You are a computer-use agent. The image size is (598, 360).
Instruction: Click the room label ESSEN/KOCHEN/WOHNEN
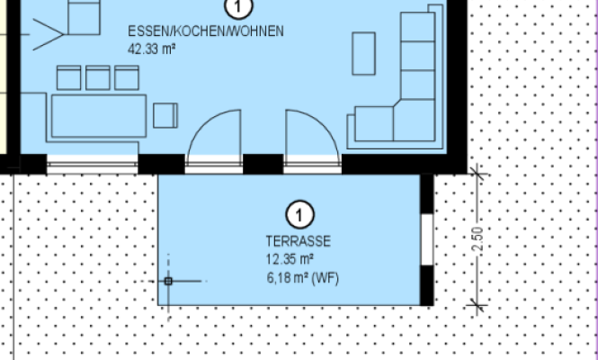[206, 31]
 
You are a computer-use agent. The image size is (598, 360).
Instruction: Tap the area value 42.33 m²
[151, 49]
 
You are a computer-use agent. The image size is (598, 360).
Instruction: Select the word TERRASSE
[299, 241]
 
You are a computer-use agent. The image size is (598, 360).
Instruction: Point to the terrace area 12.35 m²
[290, 259]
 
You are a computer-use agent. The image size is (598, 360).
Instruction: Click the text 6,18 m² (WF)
[303, 278]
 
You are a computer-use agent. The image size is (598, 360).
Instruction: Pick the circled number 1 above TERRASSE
[300, 214]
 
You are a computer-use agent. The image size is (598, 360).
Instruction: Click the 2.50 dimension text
[478, 239]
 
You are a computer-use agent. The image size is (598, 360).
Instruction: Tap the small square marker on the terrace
[168, 282]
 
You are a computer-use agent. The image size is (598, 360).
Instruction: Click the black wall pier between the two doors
[263, 164]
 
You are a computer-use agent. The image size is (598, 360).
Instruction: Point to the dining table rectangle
[99, 116]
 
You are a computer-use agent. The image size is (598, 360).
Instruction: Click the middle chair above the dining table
[98, 78]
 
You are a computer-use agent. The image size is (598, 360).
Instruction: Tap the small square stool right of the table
[165, 115]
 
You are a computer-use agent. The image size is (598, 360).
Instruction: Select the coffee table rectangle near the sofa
[364, 53]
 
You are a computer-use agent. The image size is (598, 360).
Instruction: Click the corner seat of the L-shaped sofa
[415, 120]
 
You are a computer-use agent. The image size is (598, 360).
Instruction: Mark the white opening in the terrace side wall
[427, 239]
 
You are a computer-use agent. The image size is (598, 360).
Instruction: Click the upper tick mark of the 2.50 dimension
[477, 174]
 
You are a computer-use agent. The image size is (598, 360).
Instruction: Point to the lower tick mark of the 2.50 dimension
[477, 305]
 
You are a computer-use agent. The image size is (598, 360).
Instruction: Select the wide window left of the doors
[93, 165]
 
